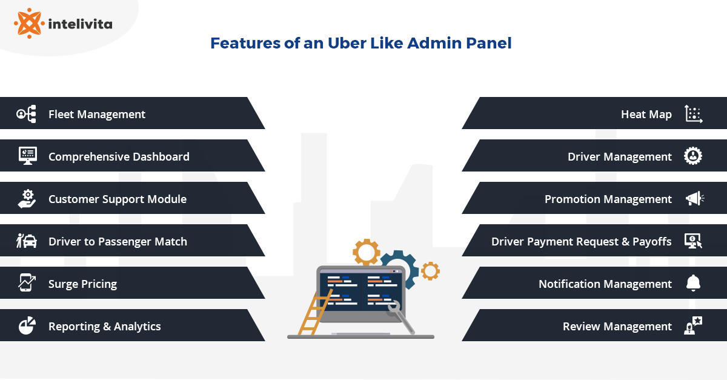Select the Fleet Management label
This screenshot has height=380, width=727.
(x=97, y=114)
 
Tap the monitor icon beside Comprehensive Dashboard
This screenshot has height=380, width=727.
(x=27, y=156)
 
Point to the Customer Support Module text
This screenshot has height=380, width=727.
(x=118, y=199)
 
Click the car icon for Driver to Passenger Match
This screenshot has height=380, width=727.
(x=27, y=241)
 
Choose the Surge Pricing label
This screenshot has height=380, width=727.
(x=82, y=284)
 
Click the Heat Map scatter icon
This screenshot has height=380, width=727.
(x=693, y=114)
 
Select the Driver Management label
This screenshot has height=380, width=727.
(x=619, y=156)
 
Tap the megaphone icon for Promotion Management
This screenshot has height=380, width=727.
(x=694, y=199)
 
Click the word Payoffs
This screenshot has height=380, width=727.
(x=652, y=241)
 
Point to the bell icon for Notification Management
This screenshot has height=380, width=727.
(x=693, y=283)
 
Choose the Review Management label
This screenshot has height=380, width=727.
(x=617, y=326)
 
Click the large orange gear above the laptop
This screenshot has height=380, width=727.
(x=366, y=252)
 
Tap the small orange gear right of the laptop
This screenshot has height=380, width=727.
(x=430, y=270)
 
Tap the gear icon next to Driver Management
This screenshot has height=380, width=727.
(x=693, y=156)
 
